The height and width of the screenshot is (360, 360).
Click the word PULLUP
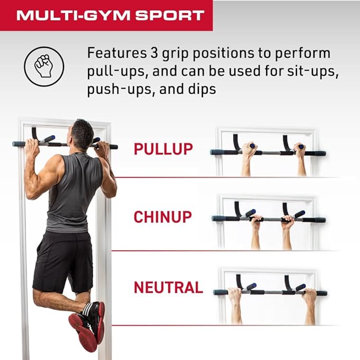click(163, 149)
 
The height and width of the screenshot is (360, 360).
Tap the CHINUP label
click(163, 217)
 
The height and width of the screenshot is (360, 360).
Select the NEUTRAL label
click(168, 287)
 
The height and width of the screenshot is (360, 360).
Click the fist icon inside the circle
click(43, 66)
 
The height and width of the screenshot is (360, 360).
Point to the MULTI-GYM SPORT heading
click(110, 15)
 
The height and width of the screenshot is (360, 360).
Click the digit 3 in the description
click(154, 53)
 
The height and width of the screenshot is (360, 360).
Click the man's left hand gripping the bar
click(31, 147)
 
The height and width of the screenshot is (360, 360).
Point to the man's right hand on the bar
click(102, 149)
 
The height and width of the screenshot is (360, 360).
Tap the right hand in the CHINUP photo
click(287, 222)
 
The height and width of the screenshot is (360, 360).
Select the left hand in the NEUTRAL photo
click(235, 294)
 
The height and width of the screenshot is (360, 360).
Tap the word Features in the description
click(117, 53)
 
